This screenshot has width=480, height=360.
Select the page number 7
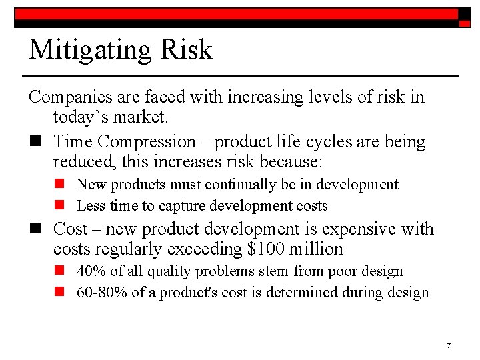click(449, 345)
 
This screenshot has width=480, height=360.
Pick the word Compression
click(145, 141)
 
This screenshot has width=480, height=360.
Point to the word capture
click(180, 205)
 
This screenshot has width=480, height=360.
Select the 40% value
click(88, 271)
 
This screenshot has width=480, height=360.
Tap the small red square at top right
click(465, 23)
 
